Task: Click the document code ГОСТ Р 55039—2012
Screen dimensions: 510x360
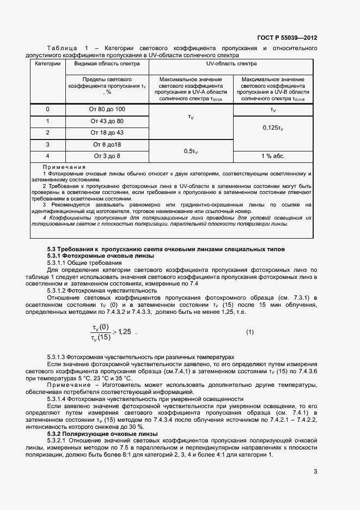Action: (287, 38)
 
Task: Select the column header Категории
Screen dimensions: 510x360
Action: (48, 64)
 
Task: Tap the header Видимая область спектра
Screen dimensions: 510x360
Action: (107, 64)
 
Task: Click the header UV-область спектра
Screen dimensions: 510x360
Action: (231, 64)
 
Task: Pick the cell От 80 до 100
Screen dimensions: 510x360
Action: (107, 110)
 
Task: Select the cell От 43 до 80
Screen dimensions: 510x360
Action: (107, 121)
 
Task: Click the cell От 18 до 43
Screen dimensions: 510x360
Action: (107, 132)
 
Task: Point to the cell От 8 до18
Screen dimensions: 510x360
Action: (107, 144)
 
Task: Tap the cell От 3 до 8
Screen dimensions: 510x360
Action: (107, 156)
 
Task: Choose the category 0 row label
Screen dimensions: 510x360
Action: (48, 110)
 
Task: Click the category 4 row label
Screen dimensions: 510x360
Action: (48, 156)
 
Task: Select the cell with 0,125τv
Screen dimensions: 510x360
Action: (273, 127)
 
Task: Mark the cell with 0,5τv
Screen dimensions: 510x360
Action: (191, 151)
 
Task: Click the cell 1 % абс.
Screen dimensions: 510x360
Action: (273, 156)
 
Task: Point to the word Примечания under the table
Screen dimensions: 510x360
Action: (64, 167)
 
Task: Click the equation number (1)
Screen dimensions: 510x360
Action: (250, 332)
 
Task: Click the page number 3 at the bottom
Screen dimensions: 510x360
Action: (315, 472)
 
